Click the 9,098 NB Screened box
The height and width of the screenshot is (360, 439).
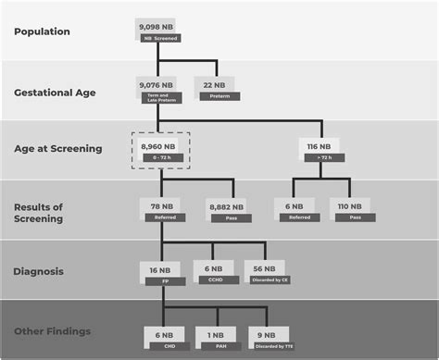tap(158, 31)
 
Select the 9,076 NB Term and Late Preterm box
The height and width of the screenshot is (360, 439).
tap(158, 90)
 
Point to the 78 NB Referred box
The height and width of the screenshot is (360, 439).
tap(158, 210)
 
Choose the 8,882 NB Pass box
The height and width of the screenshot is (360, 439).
tap(226, 210)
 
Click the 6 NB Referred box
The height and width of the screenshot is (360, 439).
tap(294, 212)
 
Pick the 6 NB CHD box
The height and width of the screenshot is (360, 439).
tap(163, 339)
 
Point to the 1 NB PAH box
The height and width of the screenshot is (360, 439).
tap(218, 339)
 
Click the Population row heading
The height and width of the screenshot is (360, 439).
tap(41, 31)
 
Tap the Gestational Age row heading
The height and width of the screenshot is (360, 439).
tap(55, 92)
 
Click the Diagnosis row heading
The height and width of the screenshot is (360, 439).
tap(39, 271)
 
